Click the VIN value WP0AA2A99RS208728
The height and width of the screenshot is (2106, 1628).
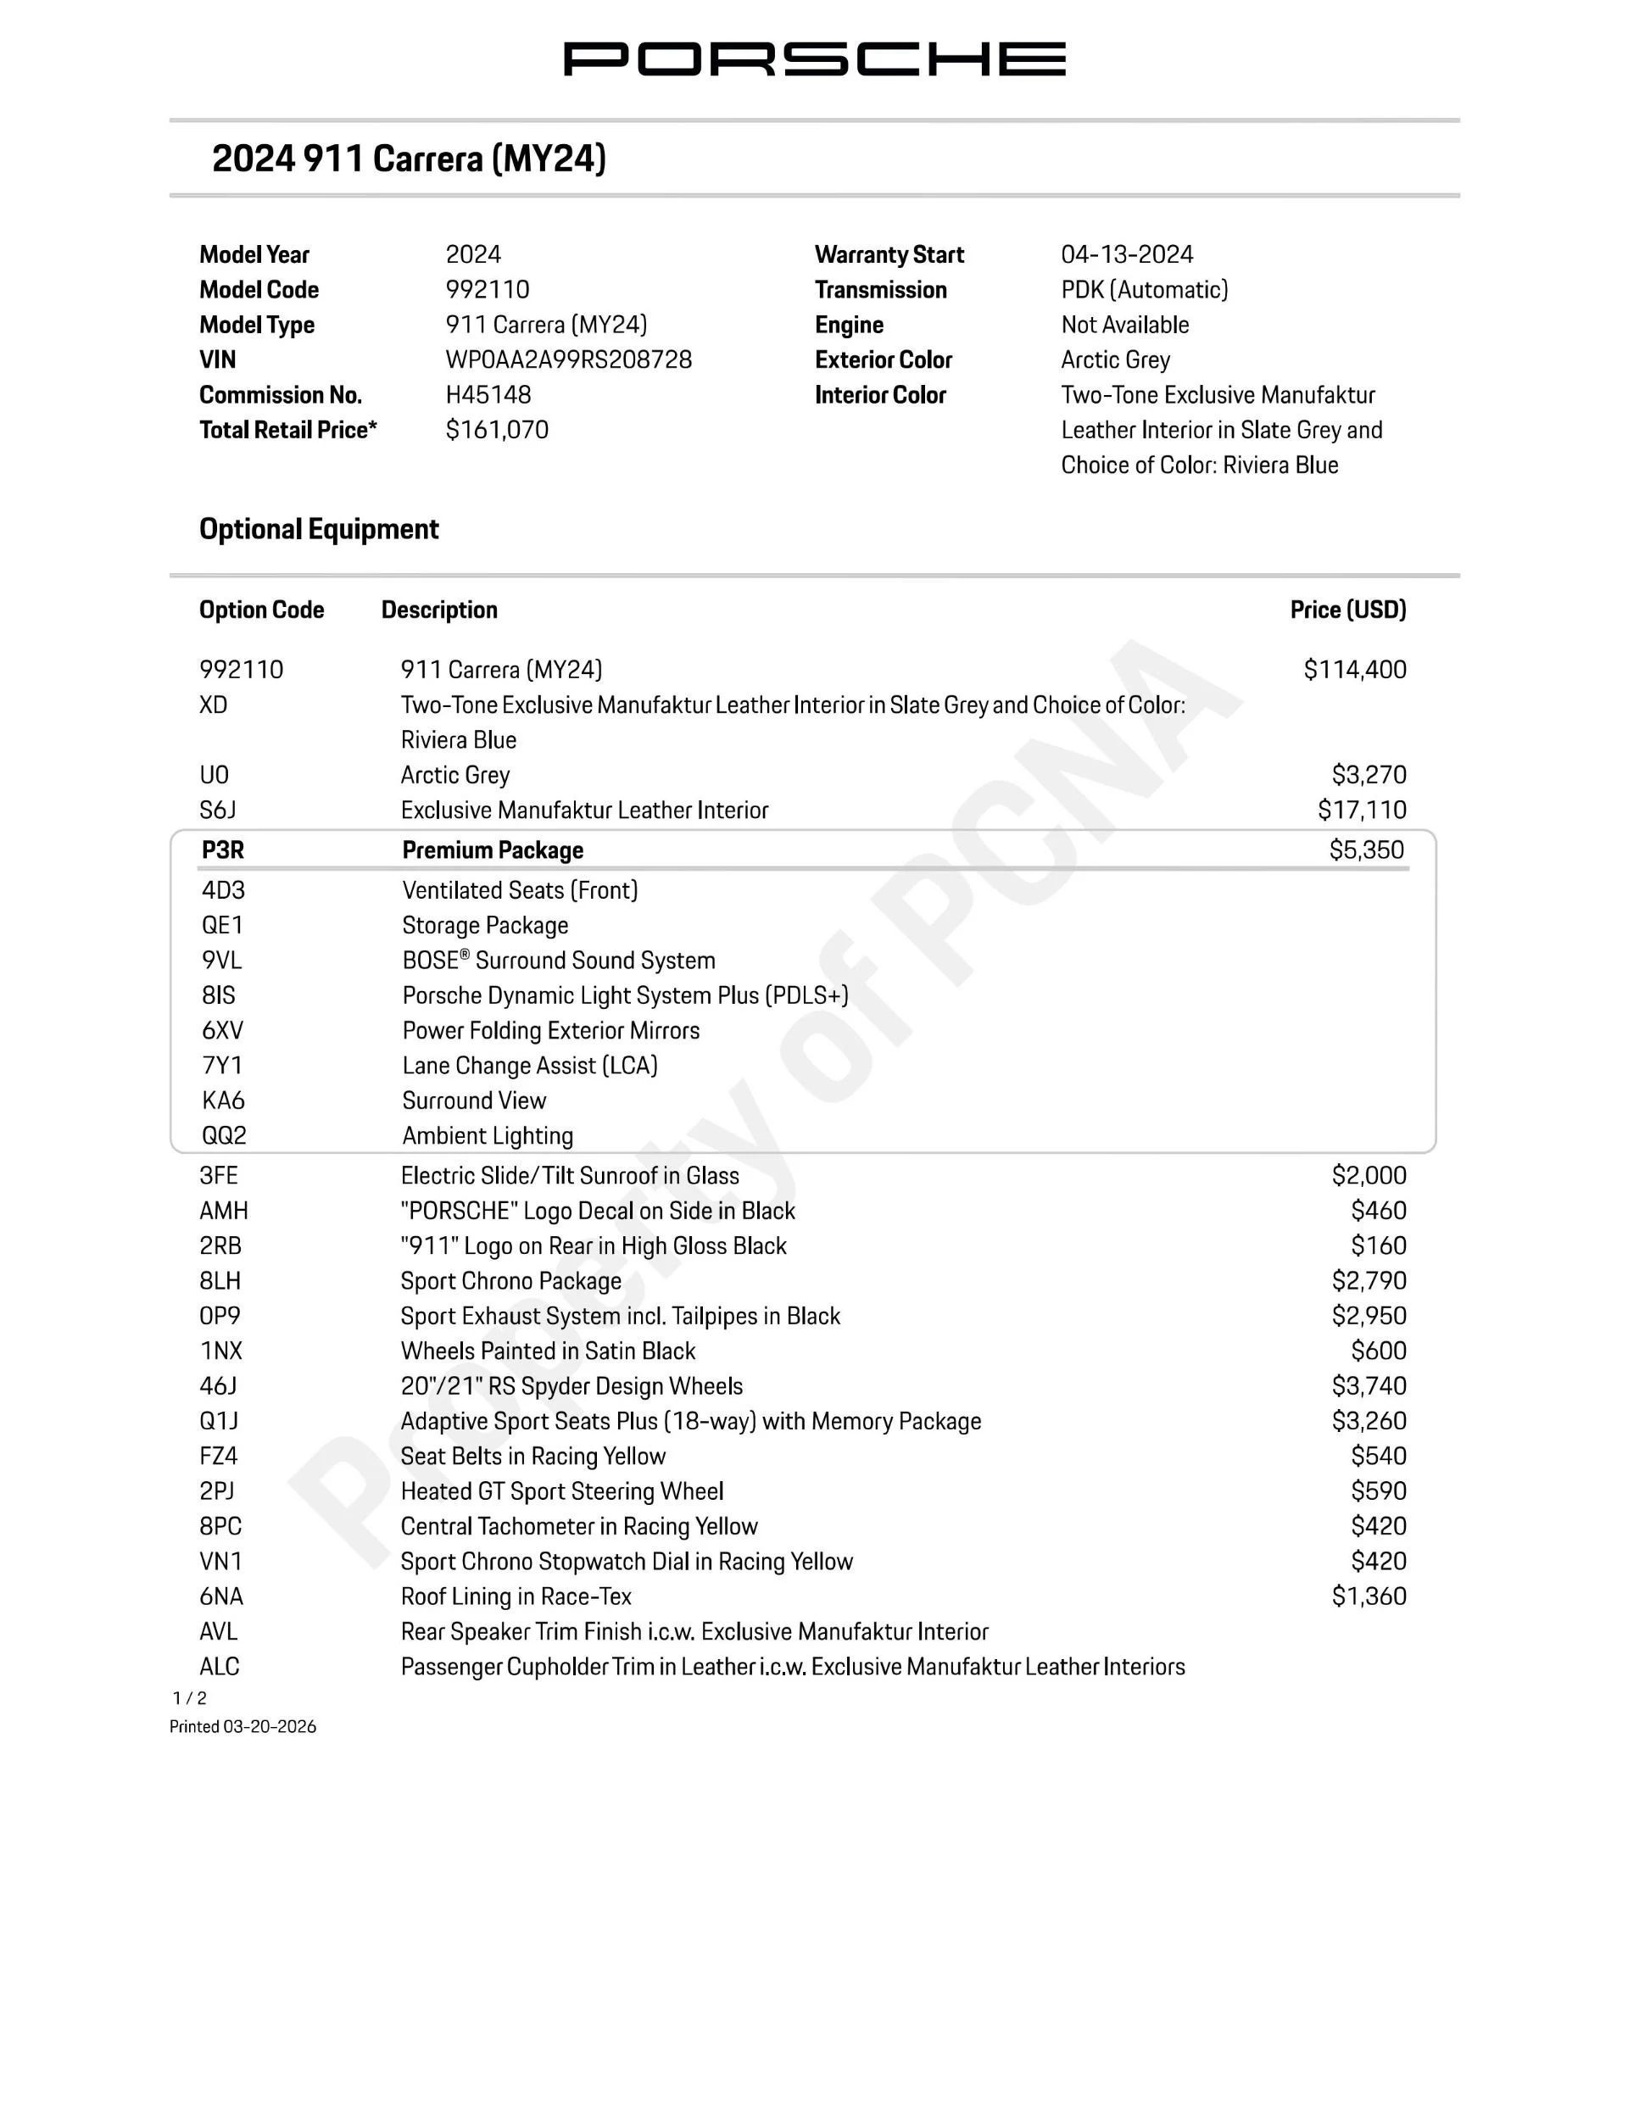pos(568,359)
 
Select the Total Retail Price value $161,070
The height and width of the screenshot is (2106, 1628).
pos(497,430)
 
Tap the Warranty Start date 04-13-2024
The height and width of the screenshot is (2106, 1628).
pos(1127,254)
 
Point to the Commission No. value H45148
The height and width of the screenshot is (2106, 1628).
pos(488,394)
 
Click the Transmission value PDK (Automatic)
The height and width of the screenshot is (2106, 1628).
pos(1144,289)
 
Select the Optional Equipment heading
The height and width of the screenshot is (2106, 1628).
pos(318,528)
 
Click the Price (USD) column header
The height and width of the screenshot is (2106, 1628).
pos(1347,610)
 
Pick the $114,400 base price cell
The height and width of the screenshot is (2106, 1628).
pos(1354,669)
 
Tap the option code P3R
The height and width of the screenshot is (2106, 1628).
pos(223,850)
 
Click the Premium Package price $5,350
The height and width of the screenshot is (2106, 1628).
pos(1366,850)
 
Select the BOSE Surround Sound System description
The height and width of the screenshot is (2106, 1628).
pos(559,961)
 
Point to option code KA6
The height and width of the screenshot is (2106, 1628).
pos(223,1100)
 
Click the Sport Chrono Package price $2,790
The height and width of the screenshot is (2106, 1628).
pos(1369,1280)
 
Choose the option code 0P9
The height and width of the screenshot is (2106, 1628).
pos(220,1315)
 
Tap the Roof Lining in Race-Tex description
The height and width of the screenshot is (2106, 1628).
pos(516,1596)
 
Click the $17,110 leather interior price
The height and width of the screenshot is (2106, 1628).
pos(1362,810)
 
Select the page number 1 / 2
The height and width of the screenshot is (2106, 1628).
pos(189,1698)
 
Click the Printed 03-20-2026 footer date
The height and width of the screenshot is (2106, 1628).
pos(243,1726)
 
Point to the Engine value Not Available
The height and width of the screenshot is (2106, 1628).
pos(1124,325)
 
